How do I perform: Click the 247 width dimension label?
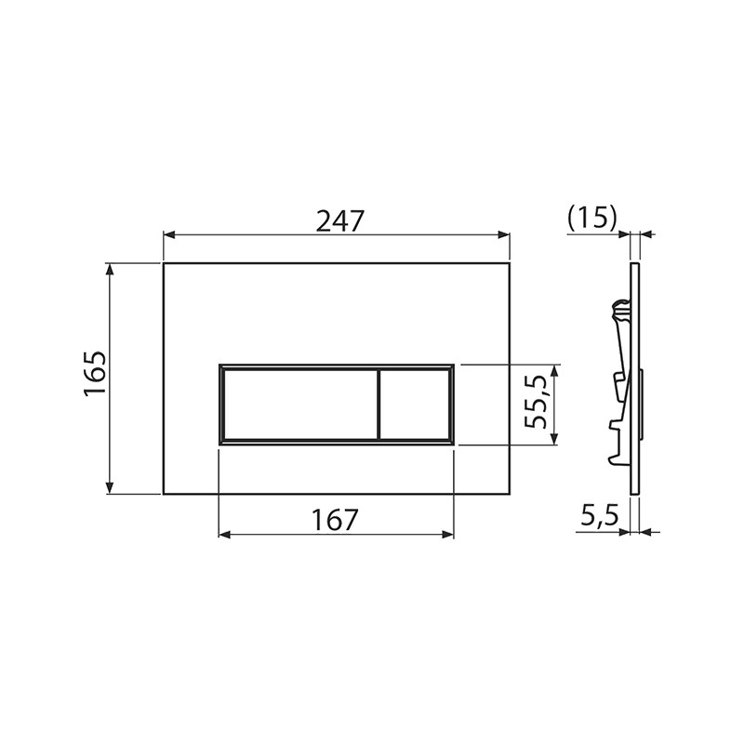[x=339, y=221]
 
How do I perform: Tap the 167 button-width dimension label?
[x=334, y=520]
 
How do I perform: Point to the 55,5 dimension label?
[x=537, y=402]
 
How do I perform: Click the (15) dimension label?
[x=592, y=219]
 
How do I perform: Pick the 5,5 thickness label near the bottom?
[x=600, y=516]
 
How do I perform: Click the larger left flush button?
[x=300, y=405]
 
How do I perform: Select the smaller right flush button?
[x=415, y=405]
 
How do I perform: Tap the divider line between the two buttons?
[x=379, y=405]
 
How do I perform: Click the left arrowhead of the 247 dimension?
[x=169, y=234]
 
